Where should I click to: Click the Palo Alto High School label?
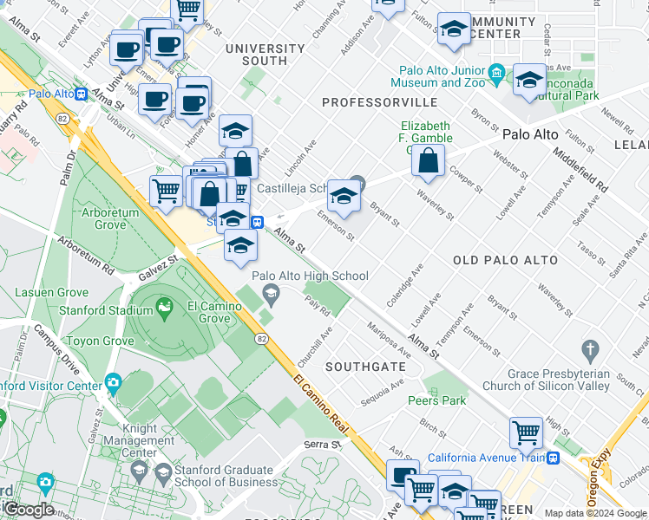(x=311, y=276)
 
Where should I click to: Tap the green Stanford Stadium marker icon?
(x=162, y=307)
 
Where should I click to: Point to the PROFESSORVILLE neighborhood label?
(x=376, y=102)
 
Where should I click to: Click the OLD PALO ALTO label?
(x=501, y=260)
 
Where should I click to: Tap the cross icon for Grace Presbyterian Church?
(x=591, y=351)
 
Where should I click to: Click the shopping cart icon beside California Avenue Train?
(x=527, y=432)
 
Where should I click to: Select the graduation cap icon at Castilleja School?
(x=344, y=197)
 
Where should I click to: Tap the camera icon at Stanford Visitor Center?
(x=114, y=382)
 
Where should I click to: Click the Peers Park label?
(x=436, y=400)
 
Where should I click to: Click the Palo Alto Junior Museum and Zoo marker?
(x=496, y=71)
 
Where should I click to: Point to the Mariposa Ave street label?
(x=388, y=341)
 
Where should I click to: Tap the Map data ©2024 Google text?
(x=594, y=513)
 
